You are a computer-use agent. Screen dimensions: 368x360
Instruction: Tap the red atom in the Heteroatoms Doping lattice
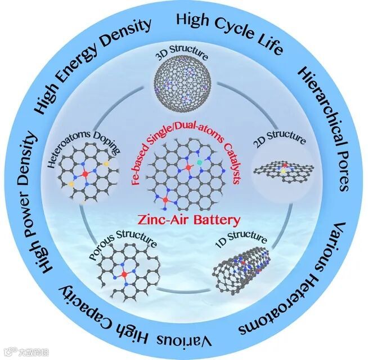[x=84, y=174]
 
